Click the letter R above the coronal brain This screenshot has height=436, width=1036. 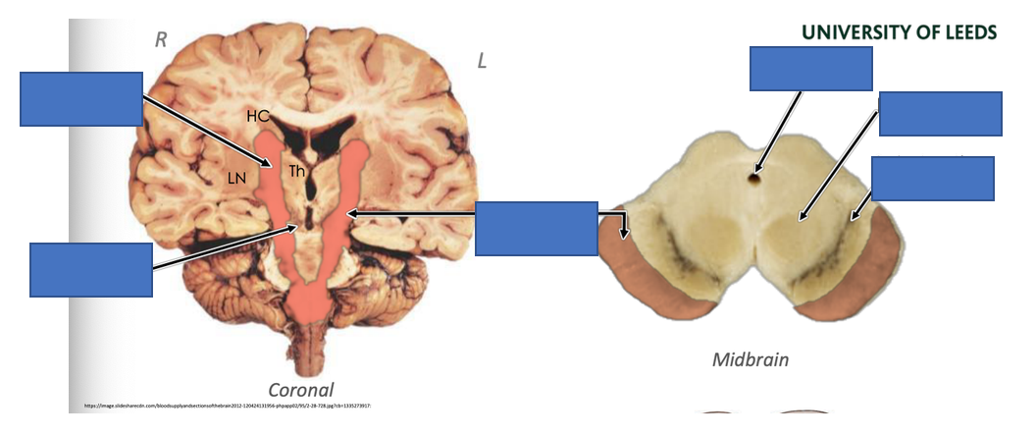pos(161,39)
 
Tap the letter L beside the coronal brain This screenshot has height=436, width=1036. pos(482,62)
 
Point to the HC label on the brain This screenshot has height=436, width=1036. pos(258,116)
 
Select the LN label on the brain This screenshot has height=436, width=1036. pos(236,178)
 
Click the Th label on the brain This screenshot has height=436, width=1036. pos(297,172)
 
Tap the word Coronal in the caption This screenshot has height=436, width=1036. pos(301,389)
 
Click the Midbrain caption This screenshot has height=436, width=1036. pos(750,359)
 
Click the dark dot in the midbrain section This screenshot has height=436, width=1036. pos(754,178)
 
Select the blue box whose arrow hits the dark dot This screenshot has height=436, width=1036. pos(810,69)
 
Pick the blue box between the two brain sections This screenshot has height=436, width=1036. pos(536,229)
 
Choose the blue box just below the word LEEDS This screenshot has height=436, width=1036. pos(940,114)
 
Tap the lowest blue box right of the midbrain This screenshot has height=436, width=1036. pos(932,179)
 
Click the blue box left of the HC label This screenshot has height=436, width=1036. pos(81,98)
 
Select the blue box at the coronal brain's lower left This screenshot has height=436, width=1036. pos(91,269)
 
